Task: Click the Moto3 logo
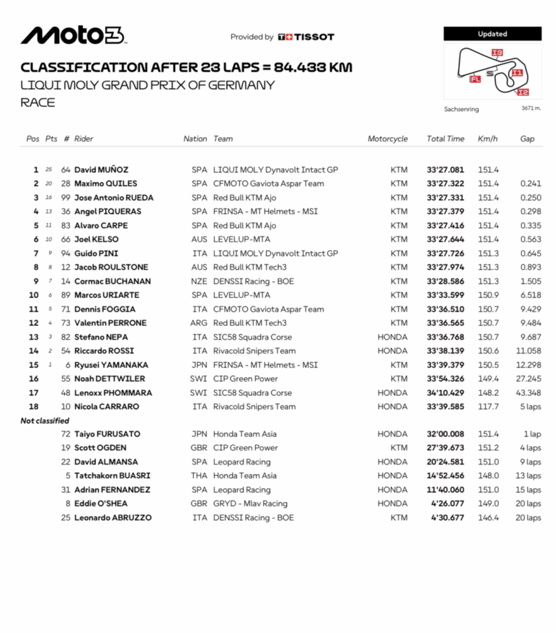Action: [73, 35]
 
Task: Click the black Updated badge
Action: [492, 34]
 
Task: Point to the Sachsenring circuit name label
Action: [461, 110]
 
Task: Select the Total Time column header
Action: [445, 138]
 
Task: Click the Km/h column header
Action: [487, 138]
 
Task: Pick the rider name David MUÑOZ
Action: [101, 169]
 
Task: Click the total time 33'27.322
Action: [445, 184]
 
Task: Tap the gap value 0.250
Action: [530, 198]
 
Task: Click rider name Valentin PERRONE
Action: [110, 323]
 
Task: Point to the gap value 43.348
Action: [528, 393]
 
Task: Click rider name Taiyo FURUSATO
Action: [107, 434]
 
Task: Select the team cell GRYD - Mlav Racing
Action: [250, 503]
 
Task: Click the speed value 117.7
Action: [488, 407]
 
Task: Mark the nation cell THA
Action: [199, 476]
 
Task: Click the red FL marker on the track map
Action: [475, 79]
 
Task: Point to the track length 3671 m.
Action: [531, 109]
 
